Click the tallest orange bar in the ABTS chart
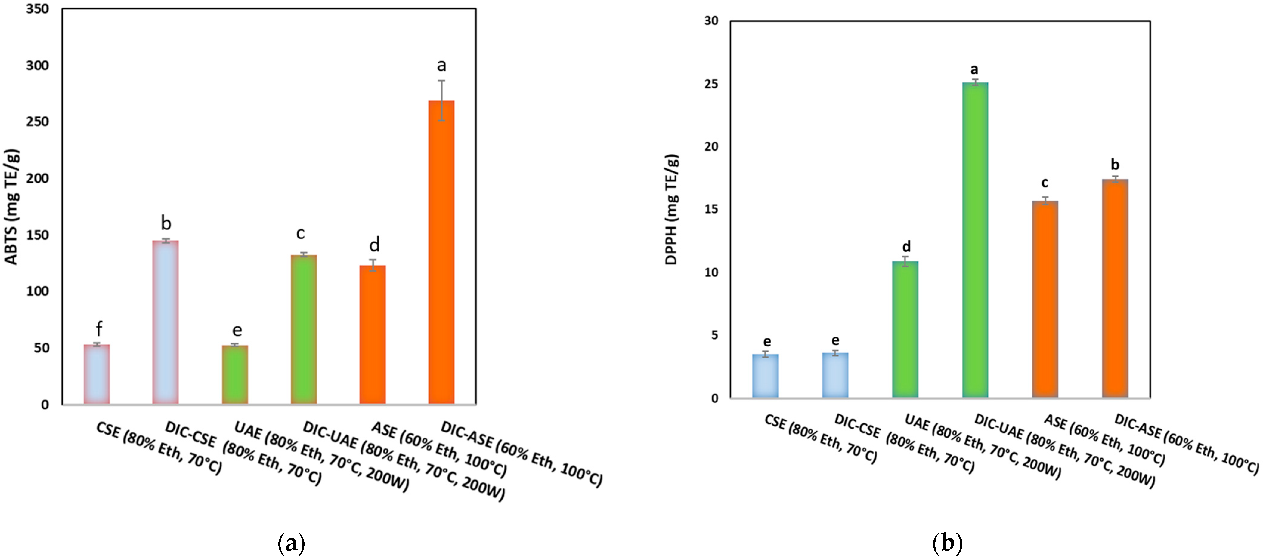click(441, 252)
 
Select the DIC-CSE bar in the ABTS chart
click(166, 322)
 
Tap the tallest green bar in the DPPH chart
click(975, 240)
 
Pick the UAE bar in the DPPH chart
click(905, 329)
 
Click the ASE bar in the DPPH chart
click(1045, 299)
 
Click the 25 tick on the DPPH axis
click(711, 84)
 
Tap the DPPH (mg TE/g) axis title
click(671, 210)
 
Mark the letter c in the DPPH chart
click(1045, 183)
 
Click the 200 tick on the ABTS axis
click(37, 178)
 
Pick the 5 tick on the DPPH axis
click(714, 335)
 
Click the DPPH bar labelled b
click(1115, 289)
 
